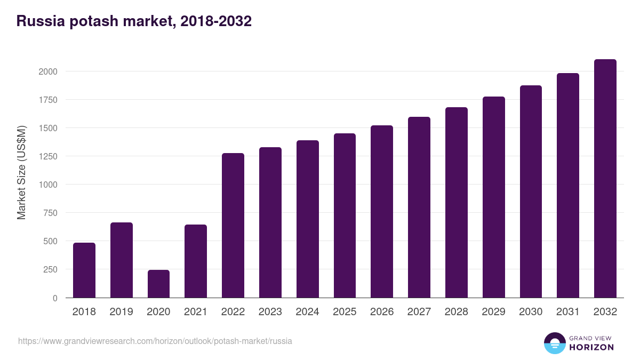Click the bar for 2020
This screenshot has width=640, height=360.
tap(158, 284)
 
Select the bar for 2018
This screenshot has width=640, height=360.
tap(84, 270)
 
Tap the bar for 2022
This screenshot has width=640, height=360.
tap(233, 225)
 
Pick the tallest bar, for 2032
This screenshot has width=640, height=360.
tap(605, 178)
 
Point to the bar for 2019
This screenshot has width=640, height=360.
tap(122, 260)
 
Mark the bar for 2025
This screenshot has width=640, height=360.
tap(345, 215)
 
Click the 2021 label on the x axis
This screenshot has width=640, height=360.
tap(196, 312)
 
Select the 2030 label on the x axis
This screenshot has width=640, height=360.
tap(531, 312)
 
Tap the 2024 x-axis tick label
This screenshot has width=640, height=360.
tap(307, 312)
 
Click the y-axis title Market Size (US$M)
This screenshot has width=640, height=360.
tap(21, 173)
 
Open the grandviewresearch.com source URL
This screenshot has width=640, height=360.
tap(155, 341)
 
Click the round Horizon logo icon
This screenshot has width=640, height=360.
tap(554, 343)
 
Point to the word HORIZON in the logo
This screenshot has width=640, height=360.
tap(591, 347)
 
